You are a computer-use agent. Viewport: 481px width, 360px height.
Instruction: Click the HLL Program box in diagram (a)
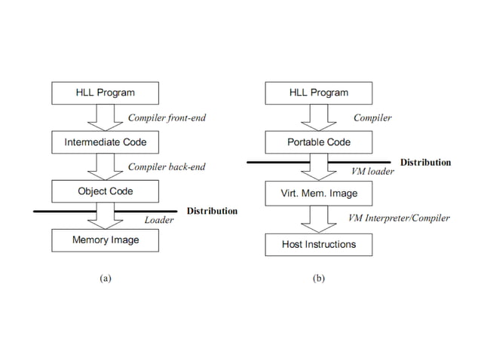[105, 93]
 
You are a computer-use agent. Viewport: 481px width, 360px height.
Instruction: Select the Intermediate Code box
[105, 142]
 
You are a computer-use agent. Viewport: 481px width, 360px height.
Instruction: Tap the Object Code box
[105, 191]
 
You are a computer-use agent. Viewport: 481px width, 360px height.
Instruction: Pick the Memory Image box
[105, 240]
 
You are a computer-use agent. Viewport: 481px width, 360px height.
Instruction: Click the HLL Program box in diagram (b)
[319, 93]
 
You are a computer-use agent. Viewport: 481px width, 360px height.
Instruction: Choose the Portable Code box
[319, 142]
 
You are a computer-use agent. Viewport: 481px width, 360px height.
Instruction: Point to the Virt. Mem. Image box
[319, 194]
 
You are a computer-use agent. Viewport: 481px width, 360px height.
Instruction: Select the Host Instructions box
[319, 244]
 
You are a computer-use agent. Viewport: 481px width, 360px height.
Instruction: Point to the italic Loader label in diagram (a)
[158, 221]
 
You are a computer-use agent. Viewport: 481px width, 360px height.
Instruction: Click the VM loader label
[372, 172]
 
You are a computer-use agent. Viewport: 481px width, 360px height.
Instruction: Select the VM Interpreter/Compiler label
[398, 218]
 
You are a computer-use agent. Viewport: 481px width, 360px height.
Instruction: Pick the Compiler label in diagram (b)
[372, 117]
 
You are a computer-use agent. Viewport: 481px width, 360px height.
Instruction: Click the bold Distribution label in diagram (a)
[212, 211]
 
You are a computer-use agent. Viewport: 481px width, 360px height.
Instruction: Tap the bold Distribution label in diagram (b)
[425, 162]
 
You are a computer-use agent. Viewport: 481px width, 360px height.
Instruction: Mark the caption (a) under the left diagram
[105, 278]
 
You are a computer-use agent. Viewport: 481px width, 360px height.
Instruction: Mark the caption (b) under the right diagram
[319, 278]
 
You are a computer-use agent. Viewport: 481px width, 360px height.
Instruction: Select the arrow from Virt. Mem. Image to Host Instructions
[319, 219]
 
